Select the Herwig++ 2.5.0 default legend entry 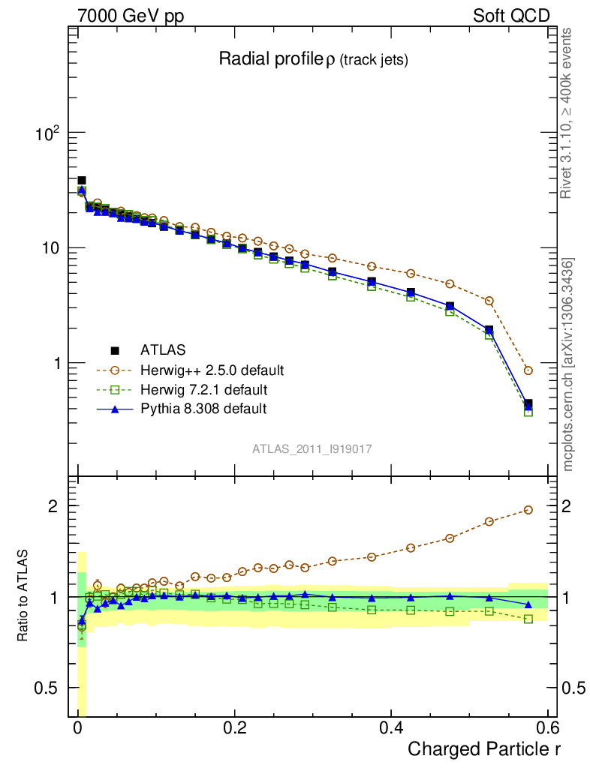[212, 370]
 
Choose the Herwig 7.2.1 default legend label [203, 389]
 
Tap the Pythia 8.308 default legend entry [203, 409]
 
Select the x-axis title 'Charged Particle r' [483, 748]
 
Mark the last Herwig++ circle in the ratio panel [528, 510]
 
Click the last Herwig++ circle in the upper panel [528, 370]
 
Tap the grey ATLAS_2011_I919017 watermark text [312, 448]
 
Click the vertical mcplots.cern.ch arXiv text [568, 364]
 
